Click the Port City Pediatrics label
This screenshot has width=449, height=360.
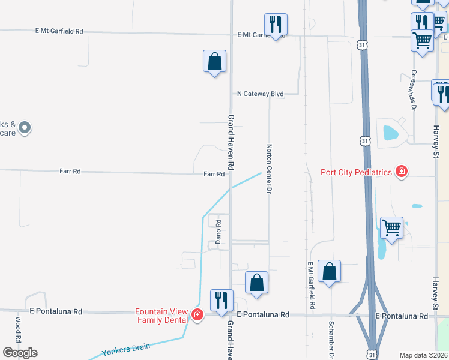(357, 172)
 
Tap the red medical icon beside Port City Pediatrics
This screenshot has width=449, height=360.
(402, 172)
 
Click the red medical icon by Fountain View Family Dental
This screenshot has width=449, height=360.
(197, 316)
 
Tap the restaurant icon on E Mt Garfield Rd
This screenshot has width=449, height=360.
(276, 25)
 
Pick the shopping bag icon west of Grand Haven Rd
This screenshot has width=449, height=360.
(214, 61)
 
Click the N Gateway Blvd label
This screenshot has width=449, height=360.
(259, 94)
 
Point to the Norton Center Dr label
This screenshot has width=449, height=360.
(270, 169)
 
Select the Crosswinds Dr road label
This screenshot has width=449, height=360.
(413, 90)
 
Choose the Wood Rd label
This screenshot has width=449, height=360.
(19, 329)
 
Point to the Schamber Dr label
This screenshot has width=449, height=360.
(331, 338)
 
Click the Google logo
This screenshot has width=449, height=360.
(20, 353)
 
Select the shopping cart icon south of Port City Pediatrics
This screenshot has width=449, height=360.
(391, 228)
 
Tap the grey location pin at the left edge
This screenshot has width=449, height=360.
(24, 127)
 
